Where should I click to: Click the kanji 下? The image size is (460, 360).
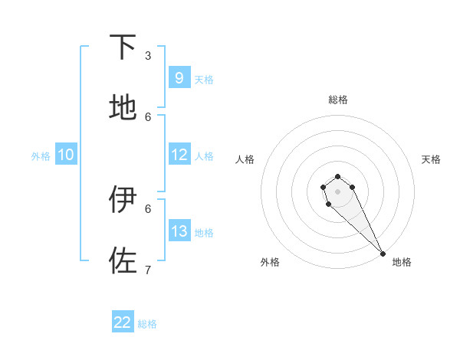pyautogui.click(x=123, y=47)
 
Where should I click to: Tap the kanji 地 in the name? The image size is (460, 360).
pyautogui.click(x=123, y=109)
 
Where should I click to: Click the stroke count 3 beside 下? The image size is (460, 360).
pyautogui.click(x=148, y=56)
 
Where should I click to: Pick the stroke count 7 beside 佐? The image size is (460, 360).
pyautogui.click(x=148, y=270)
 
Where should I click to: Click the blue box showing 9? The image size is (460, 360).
pyautogui.click(x=179, y=78)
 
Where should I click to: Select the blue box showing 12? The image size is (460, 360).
pyautogui.click(x=179, y=155)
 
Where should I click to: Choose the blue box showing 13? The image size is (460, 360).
pyautogui.click(x=179, y=231)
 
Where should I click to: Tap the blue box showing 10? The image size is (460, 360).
pyautogui.click(x=66, y=155)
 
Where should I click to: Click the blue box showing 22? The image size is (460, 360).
pyautogui.click(x=123, y=322)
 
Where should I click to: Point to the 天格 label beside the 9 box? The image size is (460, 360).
pyautogui.click(x=204, y=80)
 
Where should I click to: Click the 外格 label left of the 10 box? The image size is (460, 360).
pyautogui.click(x=41, y=156)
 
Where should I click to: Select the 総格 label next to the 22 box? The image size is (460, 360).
pyautogui.click(x=147, y=324)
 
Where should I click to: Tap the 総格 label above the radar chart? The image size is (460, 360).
pyautogui.click(x=337, y=100)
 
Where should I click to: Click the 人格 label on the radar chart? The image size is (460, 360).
pyautogui.click(x=245, y=159)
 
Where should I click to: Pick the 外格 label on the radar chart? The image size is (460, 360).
pyautogui.click(x=270, y=262)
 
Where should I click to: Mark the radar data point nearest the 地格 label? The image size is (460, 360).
pyautogui.click(x=383, y=253)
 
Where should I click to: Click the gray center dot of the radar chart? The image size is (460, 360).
pyautogui.click(x=337, y=191)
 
